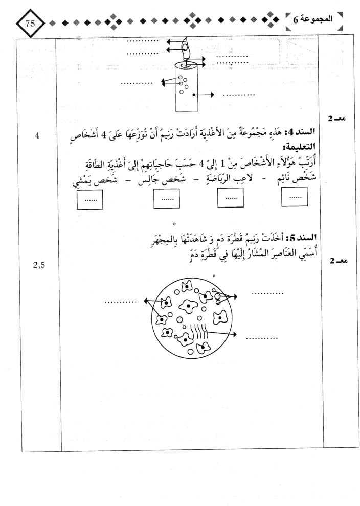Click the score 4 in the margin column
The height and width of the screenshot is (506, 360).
(37, 136)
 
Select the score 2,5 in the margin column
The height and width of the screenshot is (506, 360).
(39, 265)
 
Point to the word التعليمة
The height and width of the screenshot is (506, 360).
(299, 148)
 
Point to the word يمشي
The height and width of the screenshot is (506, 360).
(81, 182)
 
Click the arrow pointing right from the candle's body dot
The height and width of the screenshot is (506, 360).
(204, 95)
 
